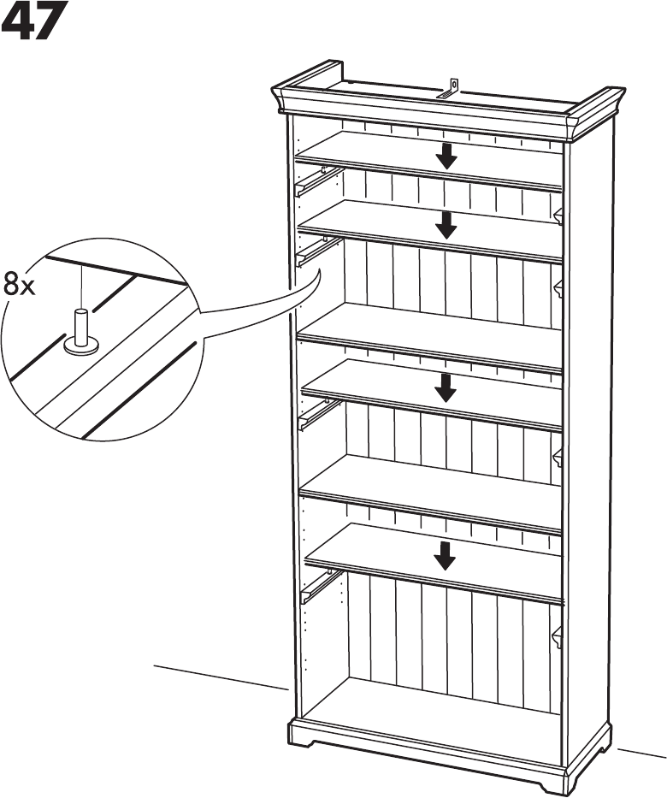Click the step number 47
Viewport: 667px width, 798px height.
coord(33,23)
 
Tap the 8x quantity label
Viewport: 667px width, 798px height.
coord(19,285)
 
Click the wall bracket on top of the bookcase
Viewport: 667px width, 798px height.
coord(452,89)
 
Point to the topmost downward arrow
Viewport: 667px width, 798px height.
coord(445,156)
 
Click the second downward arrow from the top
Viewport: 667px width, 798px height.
coord(445,225)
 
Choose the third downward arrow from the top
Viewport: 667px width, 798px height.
coord(445,387)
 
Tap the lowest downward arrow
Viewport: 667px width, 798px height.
coord(444,555)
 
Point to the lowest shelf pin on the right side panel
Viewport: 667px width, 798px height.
coord(558,636)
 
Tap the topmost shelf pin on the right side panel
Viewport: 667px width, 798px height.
coord(558,216)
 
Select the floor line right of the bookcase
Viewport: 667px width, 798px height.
coord(641,757)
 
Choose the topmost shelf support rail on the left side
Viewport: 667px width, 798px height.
coord(311,181)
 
